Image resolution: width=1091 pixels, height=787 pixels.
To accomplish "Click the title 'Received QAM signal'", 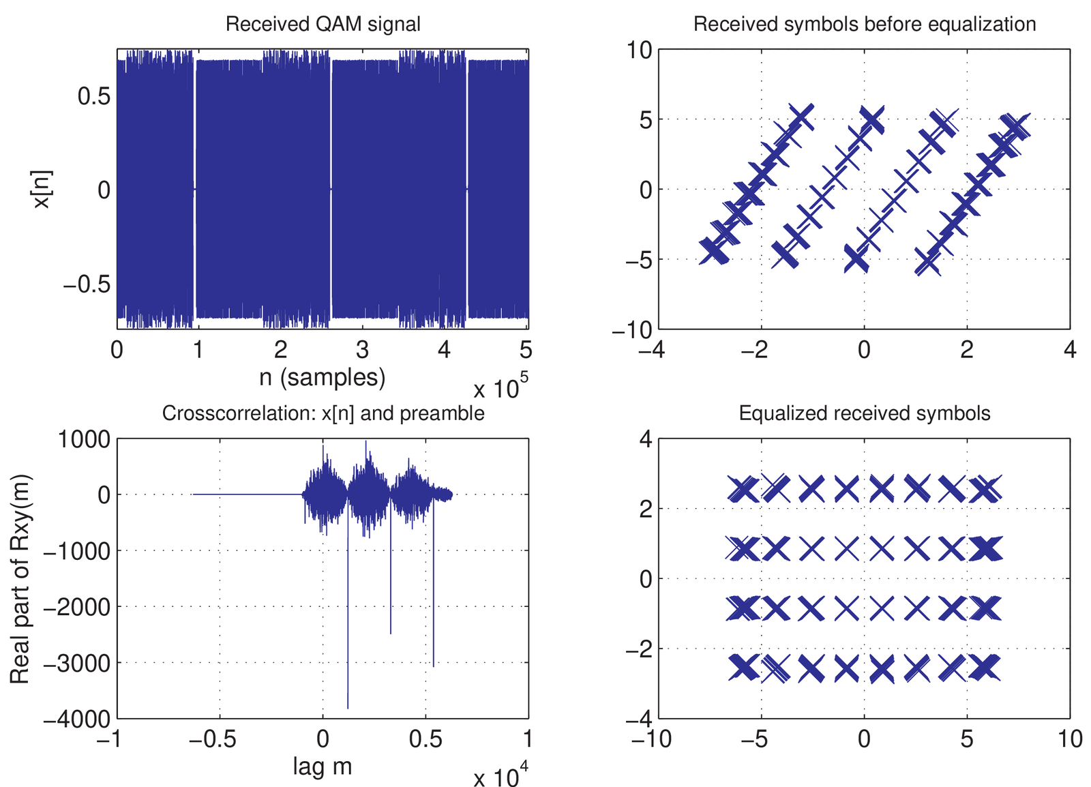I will pyautogui.click(x=323, y=25).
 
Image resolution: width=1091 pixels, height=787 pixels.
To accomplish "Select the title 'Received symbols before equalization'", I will pyautogui.click(x=865, y=25).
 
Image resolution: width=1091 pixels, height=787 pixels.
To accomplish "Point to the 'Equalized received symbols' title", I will pyautogui.click(x=865, y=413).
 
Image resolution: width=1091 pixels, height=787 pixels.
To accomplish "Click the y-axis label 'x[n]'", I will pyautogui.click(x=42, y=189).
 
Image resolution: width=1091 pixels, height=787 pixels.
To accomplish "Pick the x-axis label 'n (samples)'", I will pyautogui.click(x=323, y=377).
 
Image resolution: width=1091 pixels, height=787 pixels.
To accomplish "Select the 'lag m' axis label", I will pyautogui.click(x=323, y=766).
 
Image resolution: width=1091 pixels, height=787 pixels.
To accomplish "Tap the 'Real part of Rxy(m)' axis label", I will pyautogui.click(x=20, y=578).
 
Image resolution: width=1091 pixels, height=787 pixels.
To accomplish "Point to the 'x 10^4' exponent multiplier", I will pyautogui.click(x=500, y=776).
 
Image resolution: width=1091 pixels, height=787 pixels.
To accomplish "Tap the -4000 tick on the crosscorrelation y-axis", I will pyautogui.click(x=85, y=719).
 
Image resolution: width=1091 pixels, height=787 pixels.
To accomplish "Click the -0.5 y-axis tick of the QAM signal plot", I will pyautogui.click(x=87, y=284).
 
